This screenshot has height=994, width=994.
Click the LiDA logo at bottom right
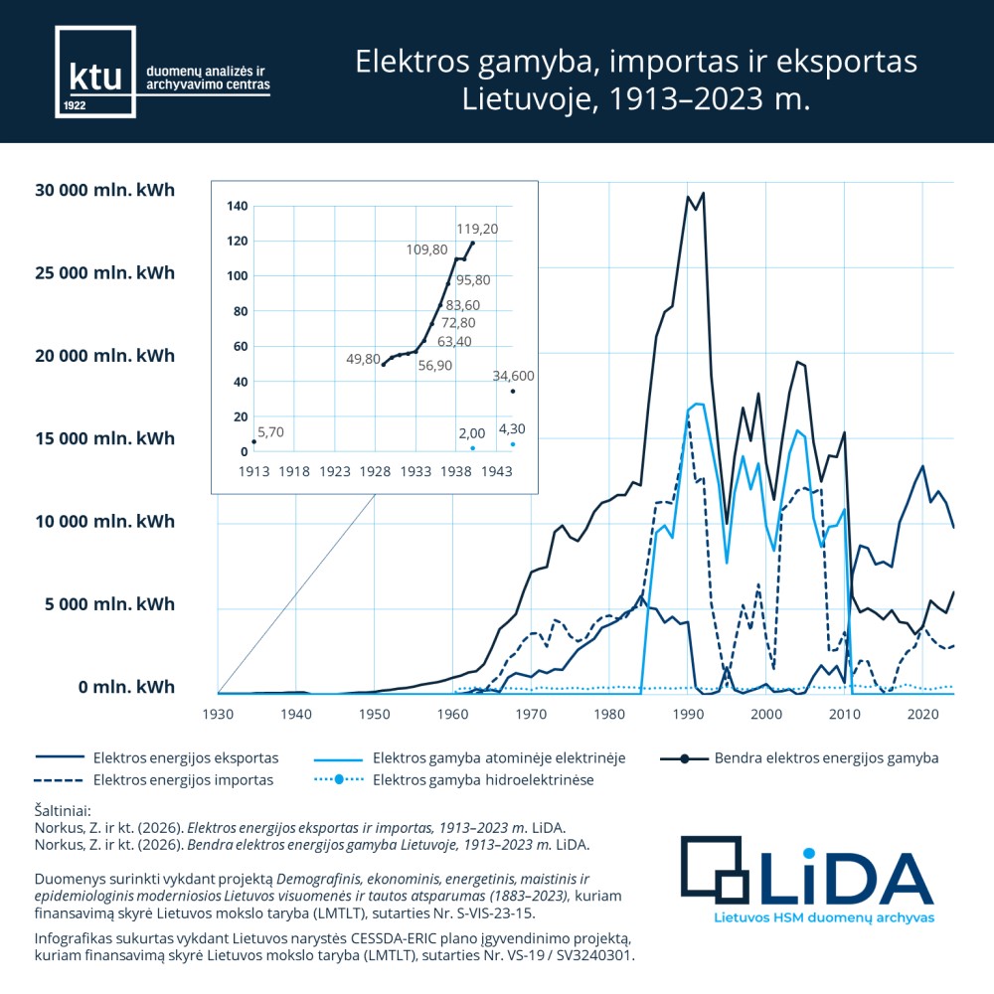point(807,875)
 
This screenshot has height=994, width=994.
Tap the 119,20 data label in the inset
point(477,228)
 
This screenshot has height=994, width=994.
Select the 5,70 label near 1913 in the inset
point(270,432)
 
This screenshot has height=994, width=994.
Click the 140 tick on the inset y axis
point(237,207)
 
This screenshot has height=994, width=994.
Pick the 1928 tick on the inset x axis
point(375,471)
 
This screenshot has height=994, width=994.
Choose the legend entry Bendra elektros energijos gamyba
point(825,758)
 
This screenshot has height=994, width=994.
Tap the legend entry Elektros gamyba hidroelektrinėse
point(482,780)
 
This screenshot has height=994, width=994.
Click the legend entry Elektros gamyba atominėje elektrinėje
point(498,758)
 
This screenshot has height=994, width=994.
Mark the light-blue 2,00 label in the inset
point(471,433)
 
